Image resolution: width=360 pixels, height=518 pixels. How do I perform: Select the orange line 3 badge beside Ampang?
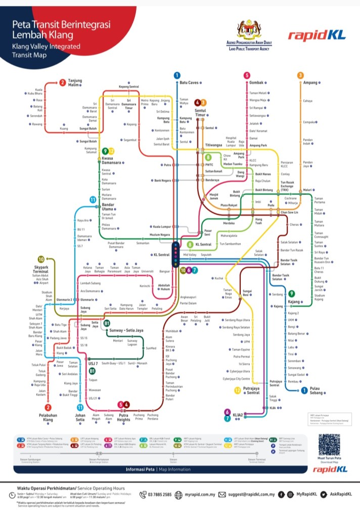pyautogui.click(x=300, y=75)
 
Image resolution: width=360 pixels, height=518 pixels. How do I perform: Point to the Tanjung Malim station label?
pyautogui.click(x=75, y=83)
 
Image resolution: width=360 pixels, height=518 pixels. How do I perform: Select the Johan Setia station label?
pyautogui.click(x=80, y=417)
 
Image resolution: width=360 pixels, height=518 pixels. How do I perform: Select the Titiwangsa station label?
pyautogui.click(x=214, y=145)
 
